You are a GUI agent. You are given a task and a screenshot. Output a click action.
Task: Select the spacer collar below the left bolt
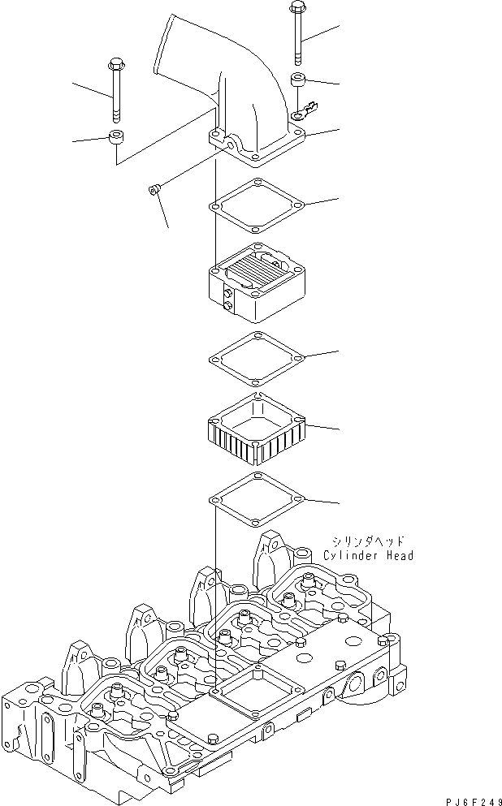(x=117, y=136)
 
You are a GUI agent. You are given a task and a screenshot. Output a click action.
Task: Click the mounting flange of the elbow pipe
(x=255, y=151)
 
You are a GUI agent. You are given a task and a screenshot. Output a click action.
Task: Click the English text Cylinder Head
(x=368, y=556)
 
